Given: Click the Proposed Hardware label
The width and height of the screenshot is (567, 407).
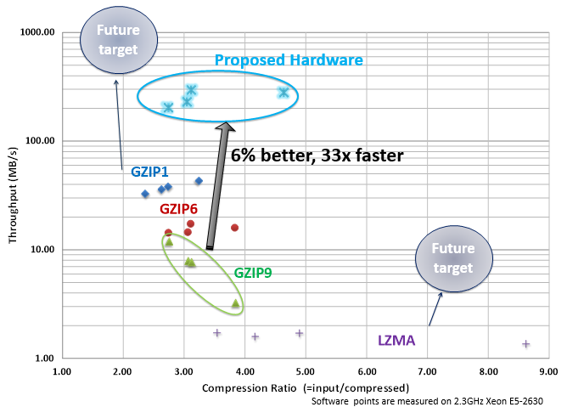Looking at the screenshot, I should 289,60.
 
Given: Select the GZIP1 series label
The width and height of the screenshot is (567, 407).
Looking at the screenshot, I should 149,171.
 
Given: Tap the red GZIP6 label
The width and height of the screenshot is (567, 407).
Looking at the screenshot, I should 180,209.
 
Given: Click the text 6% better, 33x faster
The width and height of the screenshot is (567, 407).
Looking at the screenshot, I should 317,155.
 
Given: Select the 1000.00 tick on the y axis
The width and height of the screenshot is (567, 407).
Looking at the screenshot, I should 37,32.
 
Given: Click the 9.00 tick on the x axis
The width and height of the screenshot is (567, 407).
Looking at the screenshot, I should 548,371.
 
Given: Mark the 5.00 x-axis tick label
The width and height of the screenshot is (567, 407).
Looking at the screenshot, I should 305,371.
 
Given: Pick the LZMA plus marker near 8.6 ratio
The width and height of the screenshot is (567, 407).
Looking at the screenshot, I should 525,344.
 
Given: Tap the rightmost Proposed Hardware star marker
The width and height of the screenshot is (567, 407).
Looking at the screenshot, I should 283,92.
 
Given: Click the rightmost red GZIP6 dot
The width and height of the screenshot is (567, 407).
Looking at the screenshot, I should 234,228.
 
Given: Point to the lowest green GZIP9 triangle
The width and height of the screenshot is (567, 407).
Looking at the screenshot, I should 236,303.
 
